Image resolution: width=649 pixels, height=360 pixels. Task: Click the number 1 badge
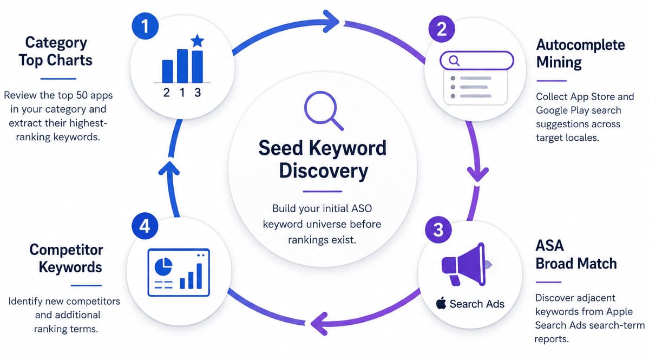pos(145,26)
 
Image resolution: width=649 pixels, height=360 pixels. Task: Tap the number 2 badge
pos(442,29)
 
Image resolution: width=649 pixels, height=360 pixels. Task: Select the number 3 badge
pos(438,230)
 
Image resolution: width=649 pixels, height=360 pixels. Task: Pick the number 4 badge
pos(145,226)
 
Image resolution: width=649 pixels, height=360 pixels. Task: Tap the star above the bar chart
pos(198,41)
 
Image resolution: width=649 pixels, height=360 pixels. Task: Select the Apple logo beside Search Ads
pos(441,303)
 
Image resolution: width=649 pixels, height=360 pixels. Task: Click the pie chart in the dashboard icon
pos(163,266)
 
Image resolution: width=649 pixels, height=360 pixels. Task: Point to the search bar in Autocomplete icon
pos(476,61)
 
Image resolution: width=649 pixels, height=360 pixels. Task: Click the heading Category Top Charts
pos(55,51)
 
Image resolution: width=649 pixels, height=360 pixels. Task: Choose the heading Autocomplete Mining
pos(580,54)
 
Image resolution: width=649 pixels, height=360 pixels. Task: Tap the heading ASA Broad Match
pos(576,254)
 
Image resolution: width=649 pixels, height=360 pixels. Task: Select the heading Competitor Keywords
pos(66,258)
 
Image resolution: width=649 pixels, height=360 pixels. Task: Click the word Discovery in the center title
pos(323,171)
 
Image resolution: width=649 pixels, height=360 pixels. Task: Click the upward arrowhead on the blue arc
pos(169,168)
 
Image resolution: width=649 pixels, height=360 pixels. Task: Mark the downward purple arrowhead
pos(477,174)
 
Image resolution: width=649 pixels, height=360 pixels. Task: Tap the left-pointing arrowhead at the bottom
pos(319,323)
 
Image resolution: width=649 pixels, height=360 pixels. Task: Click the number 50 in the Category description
pos(82,95)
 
